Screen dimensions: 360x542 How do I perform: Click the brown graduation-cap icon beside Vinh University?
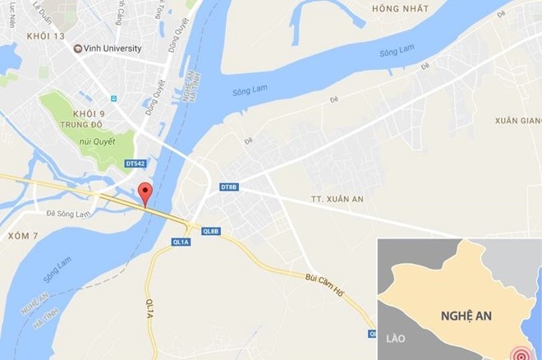[x=78, y=48]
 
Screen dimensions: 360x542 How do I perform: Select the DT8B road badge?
[x=229, y=188]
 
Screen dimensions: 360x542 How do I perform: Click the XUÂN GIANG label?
[x=517, y=121]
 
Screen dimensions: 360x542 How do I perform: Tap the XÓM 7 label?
[x=23, y=236]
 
